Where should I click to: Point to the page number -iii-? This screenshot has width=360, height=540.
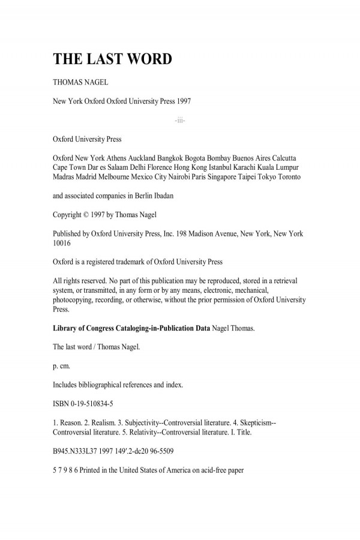[180, 121]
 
